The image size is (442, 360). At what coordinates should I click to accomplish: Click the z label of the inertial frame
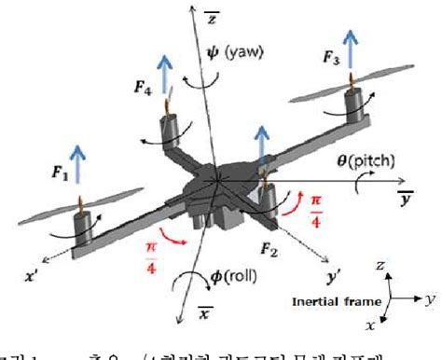(x=381, y=267)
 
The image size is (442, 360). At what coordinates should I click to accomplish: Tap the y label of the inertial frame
(x=431, y=299)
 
